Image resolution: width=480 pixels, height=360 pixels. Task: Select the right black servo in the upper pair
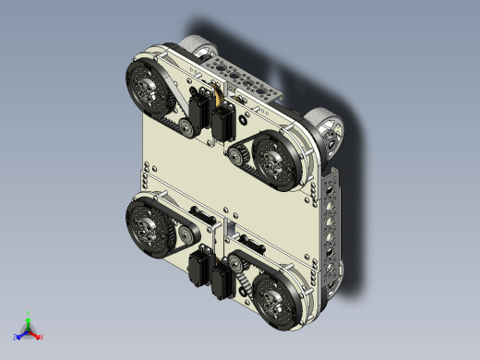coord(222,123)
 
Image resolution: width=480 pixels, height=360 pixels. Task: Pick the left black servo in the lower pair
coord(198,270)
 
